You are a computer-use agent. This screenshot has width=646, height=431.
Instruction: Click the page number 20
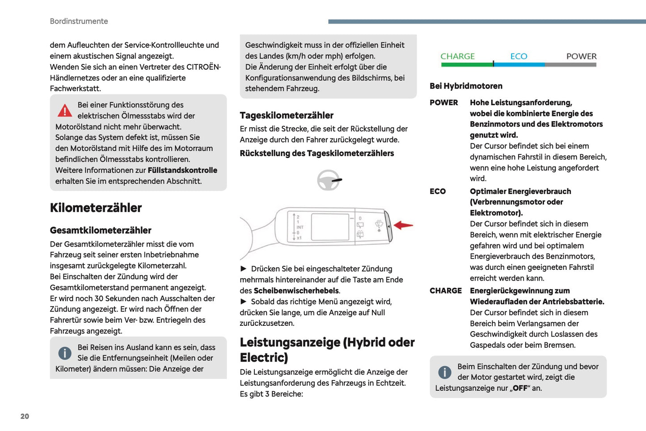pyautogui.click(x=25, y=416)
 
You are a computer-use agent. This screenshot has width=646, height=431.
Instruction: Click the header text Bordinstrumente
pyautogui.click(x=79, y=21)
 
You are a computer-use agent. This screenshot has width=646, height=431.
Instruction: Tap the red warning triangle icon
pyautogui.click(x=65, y=110)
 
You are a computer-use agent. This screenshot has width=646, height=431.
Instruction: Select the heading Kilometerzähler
pyautogui.click(x=96, y=208)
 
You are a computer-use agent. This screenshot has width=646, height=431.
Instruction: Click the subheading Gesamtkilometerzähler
pyautogui.click(x=101, y=230)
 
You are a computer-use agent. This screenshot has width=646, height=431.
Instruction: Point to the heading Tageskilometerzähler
pyautogui.click(x=287, y=115)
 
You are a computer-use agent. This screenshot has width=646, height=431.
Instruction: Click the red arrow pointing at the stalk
pyautogui.click(x=403, y=225)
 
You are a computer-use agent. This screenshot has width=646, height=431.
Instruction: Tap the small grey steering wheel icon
pyautogui.click(x=329, y=180)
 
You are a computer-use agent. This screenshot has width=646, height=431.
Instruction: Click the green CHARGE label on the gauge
pyautogui.click(x=457, y=56)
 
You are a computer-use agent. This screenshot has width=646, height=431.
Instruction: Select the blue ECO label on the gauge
pyautogui.click(x=519, y=56)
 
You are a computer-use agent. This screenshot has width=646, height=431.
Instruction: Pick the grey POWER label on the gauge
pyautogui.click(x=581, y=56)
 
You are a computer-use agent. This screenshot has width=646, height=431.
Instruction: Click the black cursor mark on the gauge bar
pyautogui.click(x=494, y=64)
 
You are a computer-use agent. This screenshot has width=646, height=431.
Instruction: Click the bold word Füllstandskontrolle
pyautogui.click(x=182, y=171)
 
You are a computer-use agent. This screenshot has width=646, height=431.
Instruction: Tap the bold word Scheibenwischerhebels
pyautogui.click(x=296, y=291)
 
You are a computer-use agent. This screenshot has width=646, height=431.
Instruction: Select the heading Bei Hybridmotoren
pyautogui.click(x=466, y=86)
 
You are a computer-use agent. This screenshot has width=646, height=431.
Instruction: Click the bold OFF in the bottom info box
pyautogui.click(x=520, y=388)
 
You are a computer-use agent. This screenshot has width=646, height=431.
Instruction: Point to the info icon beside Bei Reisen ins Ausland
pyautogui.click(x=65, y=353)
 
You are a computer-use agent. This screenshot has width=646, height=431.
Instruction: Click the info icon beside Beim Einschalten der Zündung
pyautogui.click(x=445, y=372)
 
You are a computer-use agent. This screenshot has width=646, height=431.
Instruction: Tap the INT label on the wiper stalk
pyautogui.click(x=300, y=227)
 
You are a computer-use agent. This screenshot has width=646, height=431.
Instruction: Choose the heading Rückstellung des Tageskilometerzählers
pyautogui.click(x=317, y=154)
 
